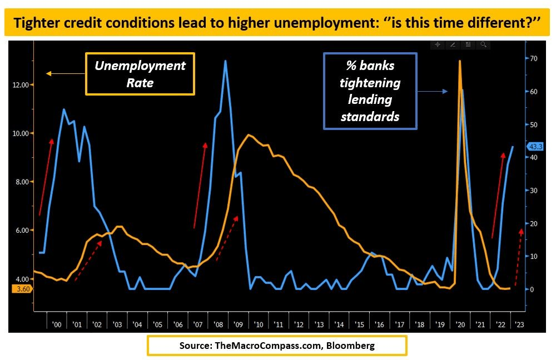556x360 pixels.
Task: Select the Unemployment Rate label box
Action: click(x=140, y=74)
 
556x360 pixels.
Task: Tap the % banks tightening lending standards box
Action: click(x=370, y=91)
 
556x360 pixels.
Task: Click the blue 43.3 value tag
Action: click(x=535, y=146)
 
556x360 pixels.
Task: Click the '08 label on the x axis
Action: click(x=218, y=324)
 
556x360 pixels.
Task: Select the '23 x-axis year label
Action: click(x=518, y=324)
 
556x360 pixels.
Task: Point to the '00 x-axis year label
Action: click(x=57, y=324)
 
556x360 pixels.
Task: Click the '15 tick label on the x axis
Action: click(x=359, y=324)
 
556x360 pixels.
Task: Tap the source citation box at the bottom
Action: click(x=277, y=346)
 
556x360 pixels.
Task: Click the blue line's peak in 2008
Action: click(x=225, y=61)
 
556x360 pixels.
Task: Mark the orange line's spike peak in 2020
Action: click(x=459, y=61)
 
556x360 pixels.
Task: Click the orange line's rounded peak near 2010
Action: click(x=248, y=135)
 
